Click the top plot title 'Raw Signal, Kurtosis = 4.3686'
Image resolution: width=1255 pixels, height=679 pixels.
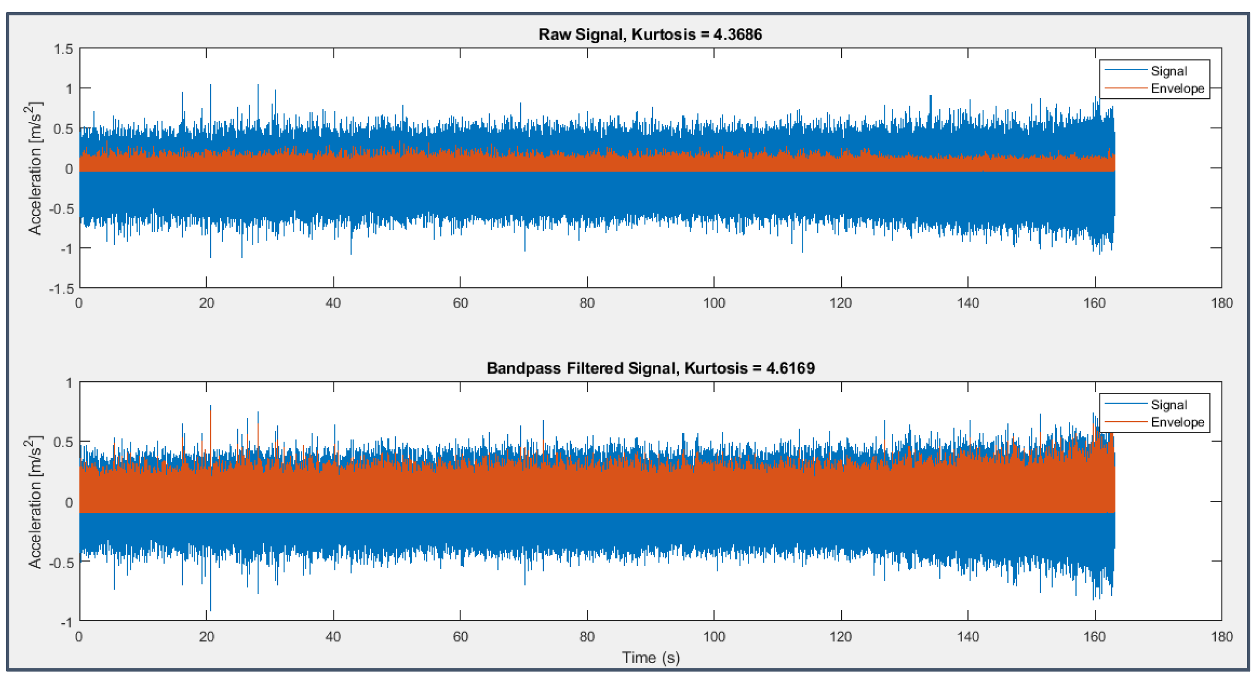click(650, 34)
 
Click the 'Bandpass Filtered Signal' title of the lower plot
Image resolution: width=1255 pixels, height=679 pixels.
click(583, 368)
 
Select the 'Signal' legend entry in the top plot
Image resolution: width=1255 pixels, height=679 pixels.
click(1169, 71)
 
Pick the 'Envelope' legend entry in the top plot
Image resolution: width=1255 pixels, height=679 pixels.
click(1177, 88)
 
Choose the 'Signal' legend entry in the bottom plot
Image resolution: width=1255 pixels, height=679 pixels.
click(1169, 405)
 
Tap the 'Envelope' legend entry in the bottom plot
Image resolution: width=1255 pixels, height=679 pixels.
click(1177, 422)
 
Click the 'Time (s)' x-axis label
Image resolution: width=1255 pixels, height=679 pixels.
click(651, 658)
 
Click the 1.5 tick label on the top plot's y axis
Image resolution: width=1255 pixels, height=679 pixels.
click(63, 49)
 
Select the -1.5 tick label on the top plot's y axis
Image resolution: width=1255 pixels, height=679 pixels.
click(61, 289)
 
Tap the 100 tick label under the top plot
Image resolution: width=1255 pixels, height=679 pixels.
click(714, 303)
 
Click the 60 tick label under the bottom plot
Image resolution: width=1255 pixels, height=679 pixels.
click(461, 637)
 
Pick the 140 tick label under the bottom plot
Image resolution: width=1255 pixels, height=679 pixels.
click(968, 637)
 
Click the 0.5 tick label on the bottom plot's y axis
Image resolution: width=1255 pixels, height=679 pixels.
click(63, 442)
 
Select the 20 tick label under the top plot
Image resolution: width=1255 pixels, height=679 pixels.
click(207, 303)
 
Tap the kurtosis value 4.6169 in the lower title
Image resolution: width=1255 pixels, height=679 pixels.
click(790, 368)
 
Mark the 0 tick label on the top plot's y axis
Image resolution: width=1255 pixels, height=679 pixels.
click(69, 169)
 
